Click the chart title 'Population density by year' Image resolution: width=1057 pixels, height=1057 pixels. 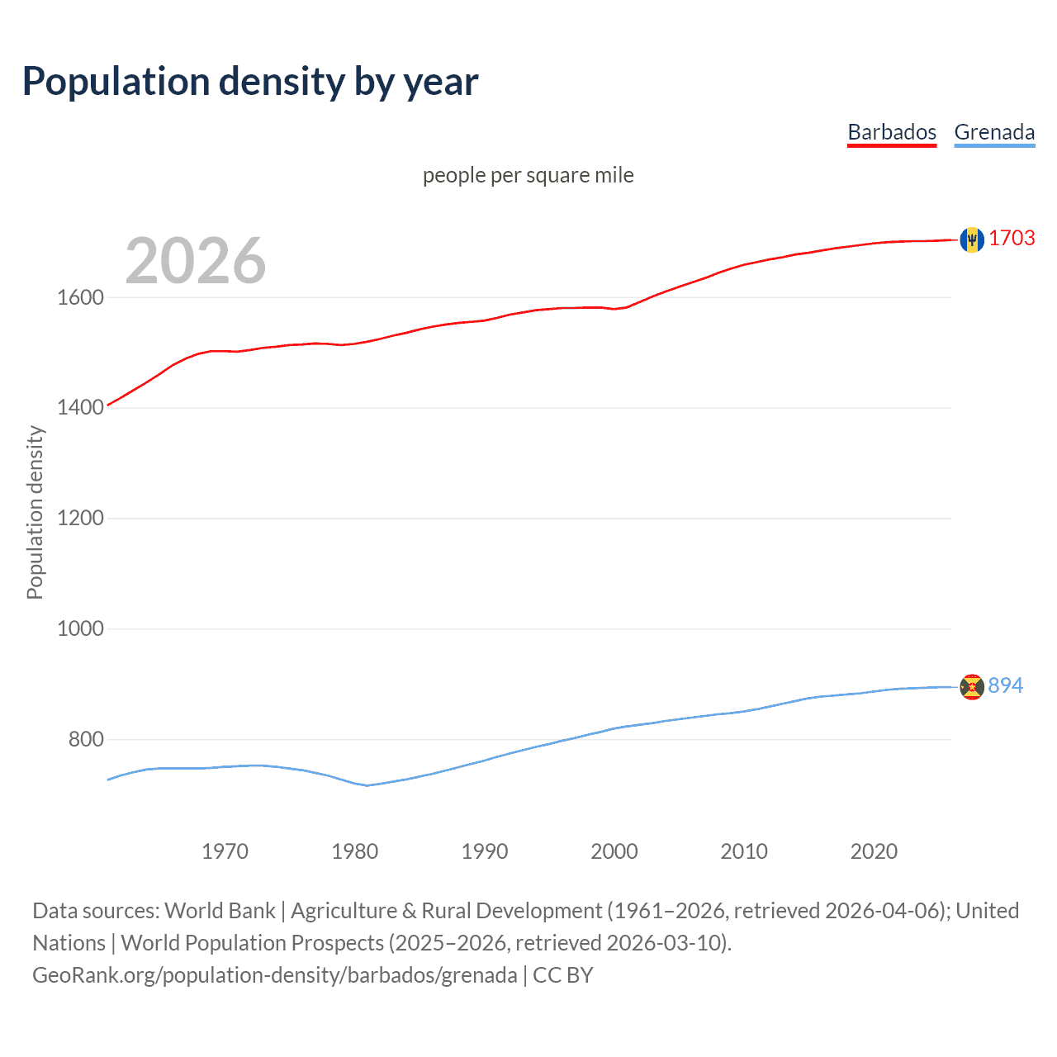click(x=250, y=82)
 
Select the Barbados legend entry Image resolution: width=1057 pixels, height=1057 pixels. click(x=892, y=132)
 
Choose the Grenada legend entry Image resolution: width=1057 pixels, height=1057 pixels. click(x=994, y=132)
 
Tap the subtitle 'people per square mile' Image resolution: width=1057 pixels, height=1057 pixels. click(x=528, y=175)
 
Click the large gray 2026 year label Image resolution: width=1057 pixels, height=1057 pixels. click(x=196, y=261)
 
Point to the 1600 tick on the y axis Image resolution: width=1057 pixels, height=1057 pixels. click(x=80, y=297)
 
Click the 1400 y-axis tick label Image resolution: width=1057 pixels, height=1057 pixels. click(x=80, y=408)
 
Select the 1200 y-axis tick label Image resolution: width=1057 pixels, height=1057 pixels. click(x=80, y=519)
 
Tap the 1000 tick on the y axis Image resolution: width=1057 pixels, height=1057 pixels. click(x=80, y=629)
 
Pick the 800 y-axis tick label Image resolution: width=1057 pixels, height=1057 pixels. click(x=86, y=740)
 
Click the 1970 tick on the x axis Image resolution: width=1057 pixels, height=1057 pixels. click(x=225, y=851)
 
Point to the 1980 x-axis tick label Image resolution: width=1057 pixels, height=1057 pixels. click(x=354, y=851)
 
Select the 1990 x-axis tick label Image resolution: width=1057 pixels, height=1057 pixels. click(x=485, y=851)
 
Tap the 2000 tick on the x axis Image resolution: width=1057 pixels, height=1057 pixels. click(x=614, y=851)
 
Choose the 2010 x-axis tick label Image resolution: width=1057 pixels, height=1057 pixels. click(x=744, y=851)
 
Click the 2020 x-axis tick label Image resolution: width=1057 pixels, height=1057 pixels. click(x=874, y=851)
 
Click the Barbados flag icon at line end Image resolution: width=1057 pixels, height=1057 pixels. click(x=972, y=239)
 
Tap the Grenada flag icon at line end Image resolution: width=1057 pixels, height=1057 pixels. click(x=972, y=686)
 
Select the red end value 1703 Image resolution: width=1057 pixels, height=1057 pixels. click(x=1012, y=239)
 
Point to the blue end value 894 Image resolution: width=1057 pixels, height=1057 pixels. click(x=1005, y=686)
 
